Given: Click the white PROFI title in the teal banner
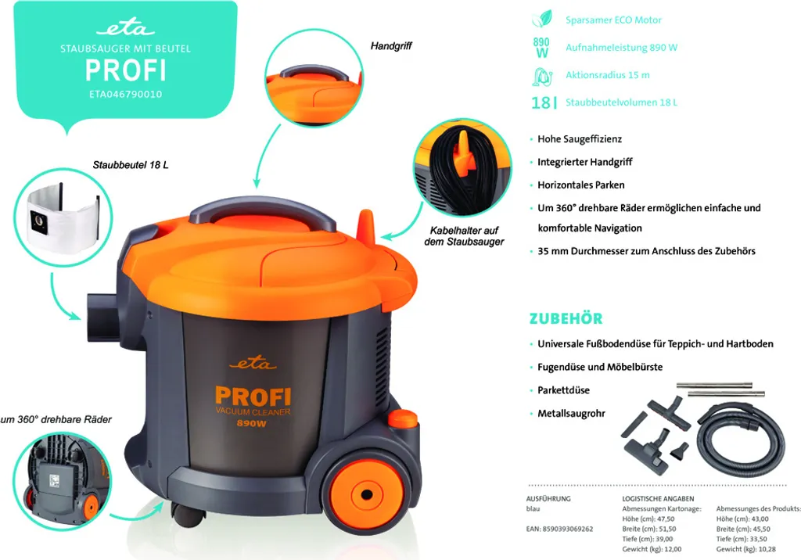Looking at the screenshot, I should pyautogui.click(x=125, y=70).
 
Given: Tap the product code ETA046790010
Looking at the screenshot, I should pyautogui.click(x=125, y=94).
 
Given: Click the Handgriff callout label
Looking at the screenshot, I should pyautogui.click(x=391, y=46).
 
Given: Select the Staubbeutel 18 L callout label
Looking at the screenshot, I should pyautogui.click(x=131, y=166).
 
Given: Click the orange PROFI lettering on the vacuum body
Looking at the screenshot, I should pyautogui.click(x=253, y=396).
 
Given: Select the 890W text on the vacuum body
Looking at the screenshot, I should pyautogui.click(x=253, y=424).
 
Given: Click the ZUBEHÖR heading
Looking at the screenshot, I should pyautogui.click(x=566, y=319).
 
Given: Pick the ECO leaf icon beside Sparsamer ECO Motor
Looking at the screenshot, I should pyautogui.click(x=541, y=20).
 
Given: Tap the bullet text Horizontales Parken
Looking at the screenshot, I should pyautogui.click(x=581, y=185).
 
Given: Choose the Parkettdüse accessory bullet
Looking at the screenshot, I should pyautogui.click(x=563, y=390).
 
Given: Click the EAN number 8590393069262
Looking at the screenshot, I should pyautogui.click(x=560, y=529).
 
